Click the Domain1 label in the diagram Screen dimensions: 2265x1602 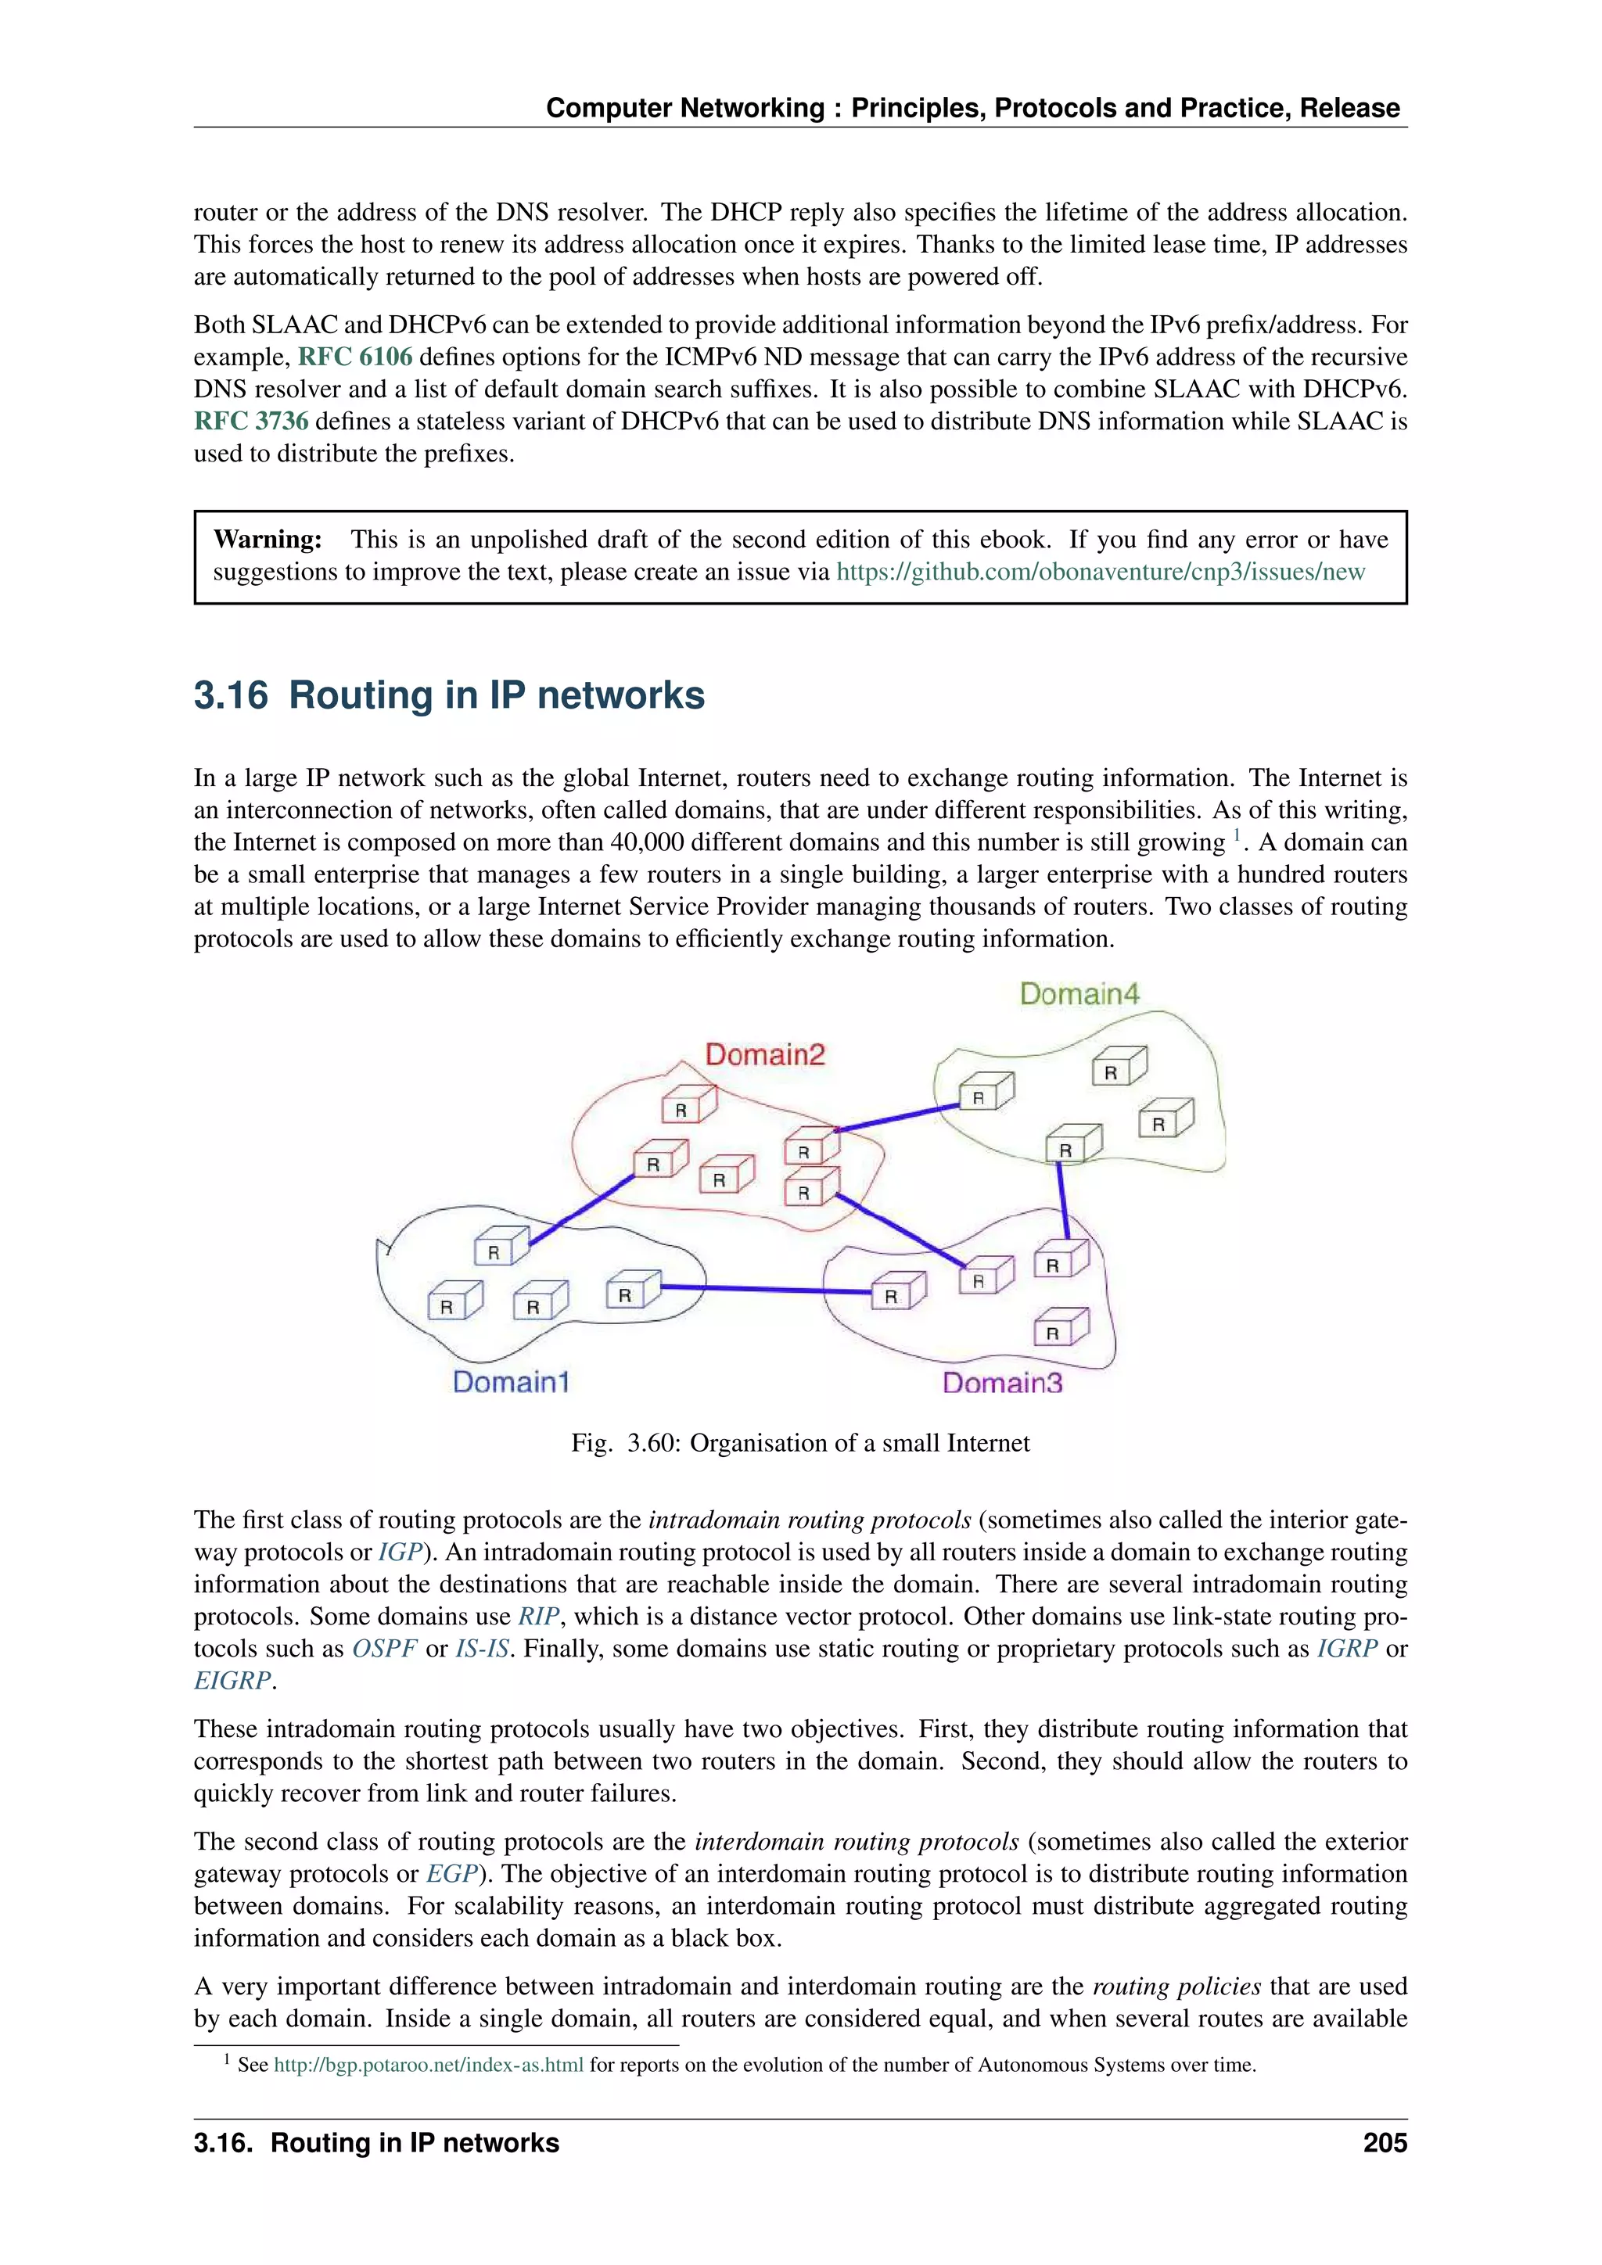511,1381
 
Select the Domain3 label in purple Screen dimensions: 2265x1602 1002,1382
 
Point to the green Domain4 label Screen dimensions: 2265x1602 1079,993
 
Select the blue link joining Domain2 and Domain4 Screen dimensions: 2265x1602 898,1118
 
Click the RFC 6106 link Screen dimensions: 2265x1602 355,356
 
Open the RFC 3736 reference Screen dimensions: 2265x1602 252,422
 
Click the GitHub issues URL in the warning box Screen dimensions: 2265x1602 1100,573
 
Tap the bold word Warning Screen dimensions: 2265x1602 268,540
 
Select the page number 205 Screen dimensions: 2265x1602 1385,2143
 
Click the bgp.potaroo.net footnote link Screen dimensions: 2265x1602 428,2065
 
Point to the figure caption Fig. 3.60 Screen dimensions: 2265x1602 800,1443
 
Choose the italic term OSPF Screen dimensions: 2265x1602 385,1649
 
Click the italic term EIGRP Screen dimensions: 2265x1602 232,1681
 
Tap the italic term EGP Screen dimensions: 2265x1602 452,1873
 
